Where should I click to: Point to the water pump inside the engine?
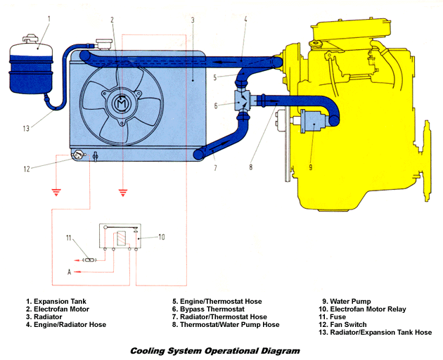[x=310, y=122]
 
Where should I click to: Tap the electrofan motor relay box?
[x=120, y=237]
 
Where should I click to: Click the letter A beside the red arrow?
[x=68, y=271]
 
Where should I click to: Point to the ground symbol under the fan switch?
[x=55, y=191]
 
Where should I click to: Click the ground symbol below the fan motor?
[x=123, y=190]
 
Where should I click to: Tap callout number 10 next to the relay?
[x=161, y=237]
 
